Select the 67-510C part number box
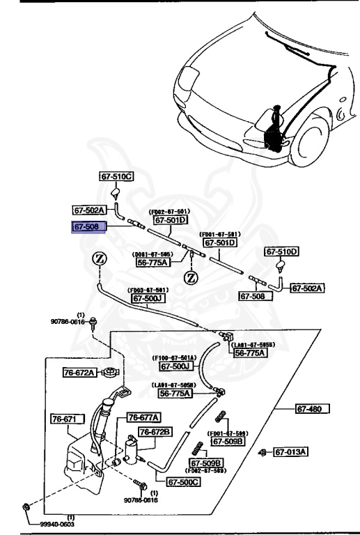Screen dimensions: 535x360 click(x=116, y=177)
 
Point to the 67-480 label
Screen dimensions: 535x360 click(x=311, y=409)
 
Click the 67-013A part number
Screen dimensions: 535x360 click(x=290, y=452)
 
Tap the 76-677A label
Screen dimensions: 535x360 click(x=143, y=417)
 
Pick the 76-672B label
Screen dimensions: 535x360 click(x=155, y=432)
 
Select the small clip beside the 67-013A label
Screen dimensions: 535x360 click(x=263, y=452)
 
